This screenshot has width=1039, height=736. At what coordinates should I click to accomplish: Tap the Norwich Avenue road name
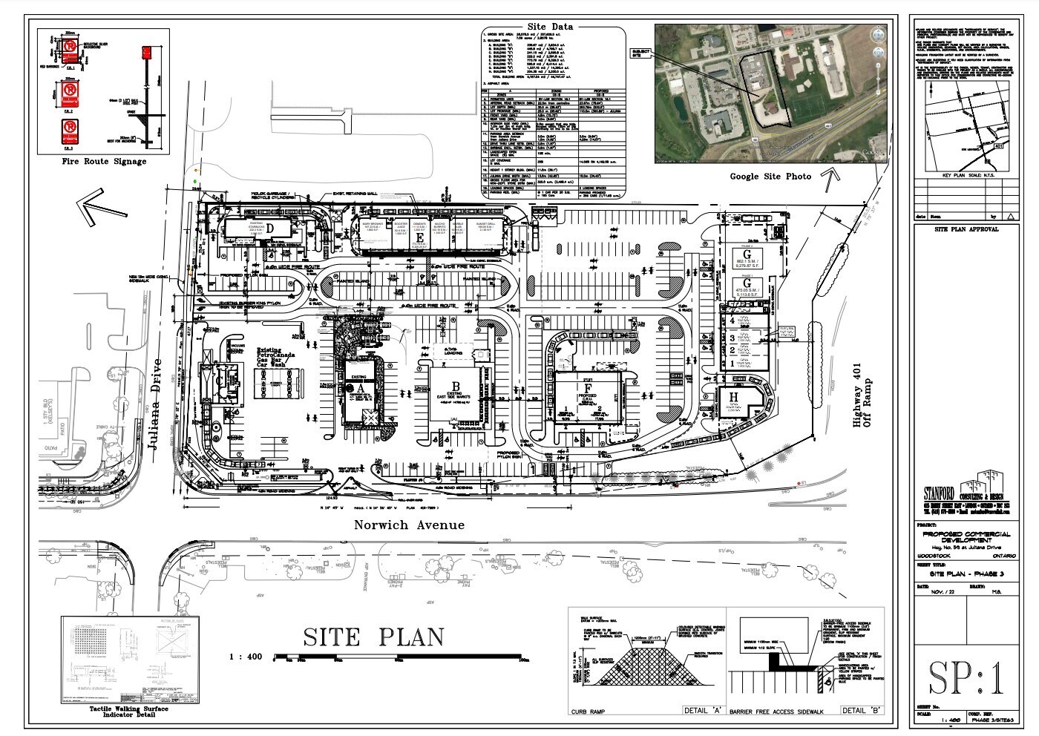(409, 525)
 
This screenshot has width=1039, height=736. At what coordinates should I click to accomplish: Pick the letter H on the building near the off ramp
(732, 398)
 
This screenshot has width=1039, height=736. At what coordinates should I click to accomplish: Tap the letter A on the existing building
(361, 387)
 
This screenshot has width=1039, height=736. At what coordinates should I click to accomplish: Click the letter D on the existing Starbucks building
(272, 228)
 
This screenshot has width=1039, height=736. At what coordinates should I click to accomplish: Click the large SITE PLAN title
(373, 637)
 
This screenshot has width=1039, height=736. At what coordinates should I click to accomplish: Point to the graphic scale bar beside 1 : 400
(401, 657)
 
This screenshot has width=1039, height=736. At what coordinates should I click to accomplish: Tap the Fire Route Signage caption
(102, 161)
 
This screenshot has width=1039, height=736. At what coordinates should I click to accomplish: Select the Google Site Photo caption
(770, 176)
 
